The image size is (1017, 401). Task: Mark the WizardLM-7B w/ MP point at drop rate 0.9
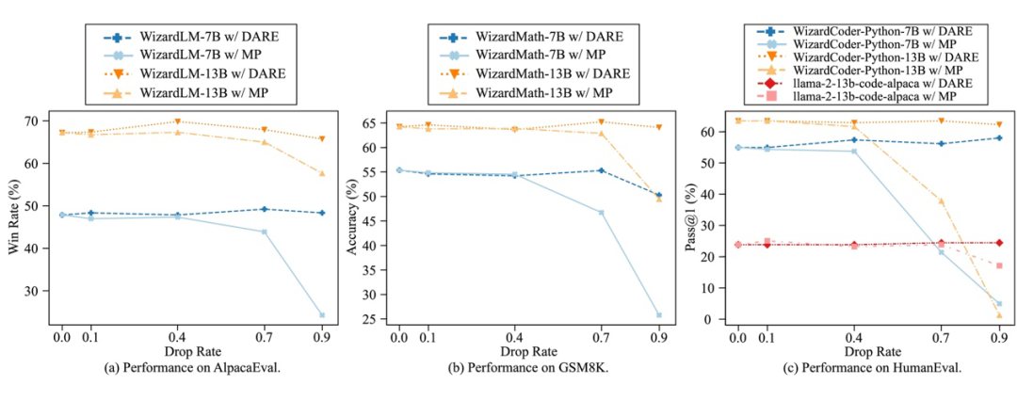322,315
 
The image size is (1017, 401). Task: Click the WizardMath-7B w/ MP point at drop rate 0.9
659,315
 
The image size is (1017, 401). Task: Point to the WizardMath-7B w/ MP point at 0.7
600,213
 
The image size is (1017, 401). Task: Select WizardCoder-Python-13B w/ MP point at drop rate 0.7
941,200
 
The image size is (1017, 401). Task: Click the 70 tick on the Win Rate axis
44,120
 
